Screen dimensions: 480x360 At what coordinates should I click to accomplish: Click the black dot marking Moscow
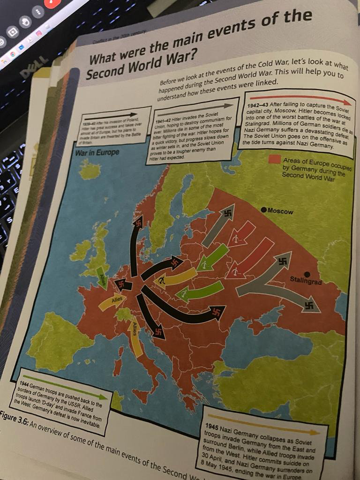[265, 209]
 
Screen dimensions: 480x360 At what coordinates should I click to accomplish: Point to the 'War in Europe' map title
[97, 152]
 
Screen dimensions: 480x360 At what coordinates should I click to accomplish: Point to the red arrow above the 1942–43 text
[300, 100]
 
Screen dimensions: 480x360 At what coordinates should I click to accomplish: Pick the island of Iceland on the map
[90, 170]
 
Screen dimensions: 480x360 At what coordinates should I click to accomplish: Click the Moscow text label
[281, 211]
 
